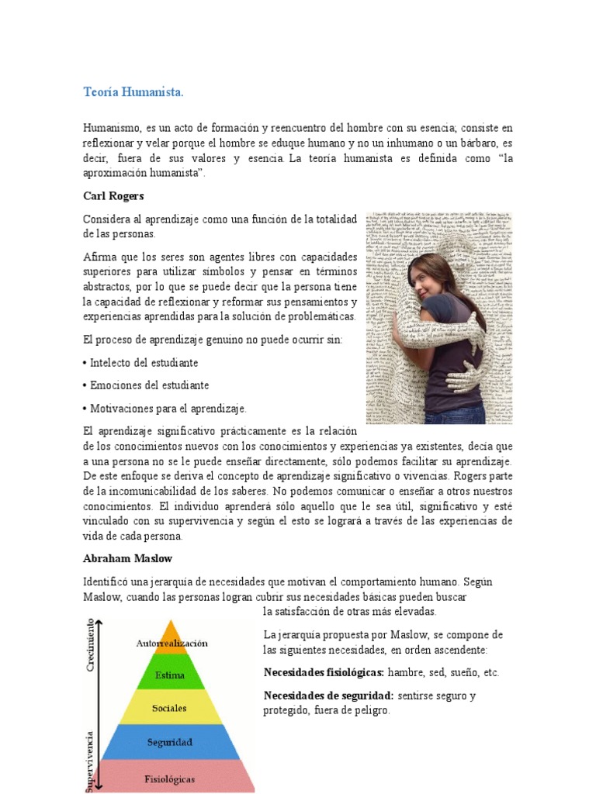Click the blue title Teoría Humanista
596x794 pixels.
point(133,92)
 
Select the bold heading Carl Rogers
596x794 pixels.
point(113,196)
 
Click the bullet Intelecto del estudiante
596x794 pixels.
point(140,362)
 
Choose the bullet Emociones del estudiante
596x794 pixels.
point(145,385)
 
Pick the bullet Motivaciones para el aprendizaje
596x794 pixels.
point(165,408)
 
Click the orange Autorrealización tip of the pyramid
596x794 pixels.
point(172,640)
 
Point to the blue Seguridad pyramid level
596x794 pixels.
point(170,742)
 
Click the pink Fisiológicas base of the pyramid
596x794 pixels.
point(170,778)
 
